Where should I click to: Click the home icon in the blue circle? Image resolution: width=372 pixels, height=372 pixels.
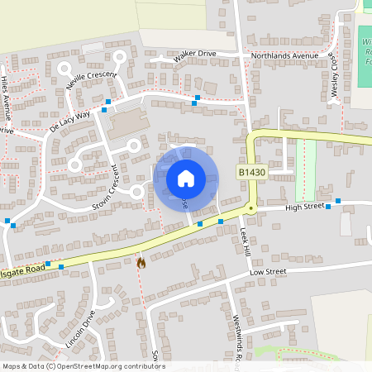185,178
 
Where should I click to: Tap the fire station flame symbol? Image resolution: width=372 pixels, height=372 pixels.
141,263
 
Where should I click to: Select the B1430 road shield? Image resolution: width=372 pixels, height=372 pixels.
253,172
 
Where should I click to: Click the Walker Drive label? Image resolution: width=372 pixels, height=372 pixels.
195,55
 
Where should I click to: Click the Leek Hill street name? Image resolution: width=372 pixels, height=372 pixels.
246,241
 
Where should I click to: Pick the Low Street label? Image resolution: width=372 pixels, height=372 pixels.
268,271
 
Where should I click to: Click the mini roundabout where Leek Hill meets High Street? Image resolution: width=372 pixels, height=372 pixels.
250,210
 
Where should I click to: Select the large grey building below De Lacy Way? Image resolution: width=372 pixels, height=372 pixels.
126,124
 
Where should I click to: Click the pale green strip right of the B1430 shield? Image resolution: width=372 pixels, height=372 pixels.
306,161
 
